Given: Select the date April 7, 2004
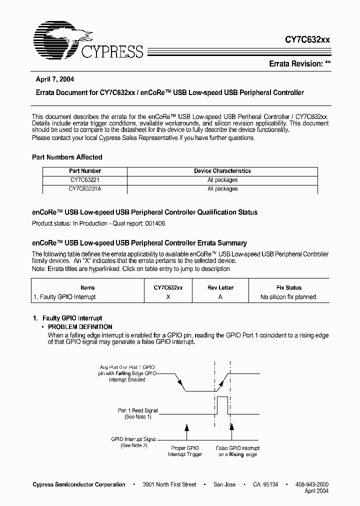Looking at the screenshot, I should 55,79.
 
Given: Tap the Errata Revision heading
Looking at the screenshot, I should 299,64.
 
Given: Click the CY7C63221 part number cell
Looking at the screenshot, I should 85,180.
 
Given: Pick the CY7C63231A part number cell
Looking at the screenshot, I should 85,189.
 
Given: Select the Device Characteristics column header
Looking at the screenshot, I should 222,171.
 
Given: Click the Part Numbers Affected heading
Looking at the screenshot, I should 67,157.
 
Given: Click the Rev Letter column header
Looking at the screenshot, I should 220,287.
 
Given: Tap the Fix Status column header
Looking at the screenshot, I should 289,287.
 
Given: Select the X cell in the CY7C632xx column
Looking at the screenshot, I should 168,297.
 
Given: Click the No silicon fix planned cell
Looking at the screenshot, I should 289,297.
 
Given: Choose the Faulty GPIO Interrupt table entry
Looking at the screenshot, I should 64,297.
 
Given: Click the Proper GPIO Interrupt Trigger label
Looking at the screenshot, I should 185,451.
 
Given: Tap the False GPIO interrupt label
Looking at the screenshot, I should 237,451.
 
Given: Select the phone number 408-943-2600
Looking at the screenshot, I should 311,484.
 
